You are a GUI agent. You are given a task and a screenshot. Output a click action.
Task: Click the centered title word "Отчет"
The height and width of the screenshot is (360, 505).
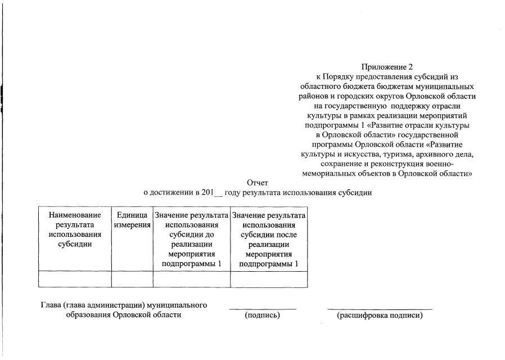click(x=258, y=183)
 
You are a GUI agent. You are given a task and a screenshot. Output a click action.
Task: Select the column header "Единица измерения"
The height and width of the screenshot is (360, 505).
click(x=132, y=220)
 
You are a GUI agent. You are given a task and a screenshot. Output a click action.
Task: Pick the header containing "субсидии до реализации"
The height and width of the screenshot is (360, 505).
click(x=191, y=239)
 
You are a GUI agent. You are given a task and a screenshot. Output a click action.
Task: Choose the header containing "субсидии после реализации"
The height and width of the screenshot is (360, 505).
click(x=268, y=239)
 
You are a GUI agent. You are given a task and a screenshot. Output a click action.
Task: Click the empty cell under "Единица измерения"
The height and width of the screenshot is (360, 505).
click(x=132, y=279)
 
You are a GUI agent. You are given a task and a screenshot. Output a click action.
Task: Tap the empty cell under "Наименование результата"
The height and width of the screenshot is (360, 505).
click(x=75, y=279)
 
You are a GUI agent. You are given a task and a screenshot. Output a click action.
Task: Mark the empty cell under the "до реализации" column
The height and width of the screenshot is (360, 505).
click(x=191, y=279)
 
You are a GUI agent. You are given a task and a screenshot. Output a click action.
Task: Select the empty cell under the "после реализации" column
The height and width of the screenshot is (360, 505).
click(x=268, y=279)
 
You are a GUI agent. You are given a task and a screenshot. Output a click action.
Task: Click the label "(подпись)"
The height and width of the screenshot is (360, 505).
click(x=262, y=316)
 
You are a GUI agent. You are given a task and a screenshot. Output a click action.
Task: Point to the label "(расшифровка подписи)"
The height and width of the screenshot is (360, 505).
click(x=380, y=316)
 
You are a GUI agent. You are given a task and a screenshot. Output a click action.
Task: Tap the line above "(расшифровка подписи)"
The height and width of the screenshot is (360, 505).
click(x=380, y=309)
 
